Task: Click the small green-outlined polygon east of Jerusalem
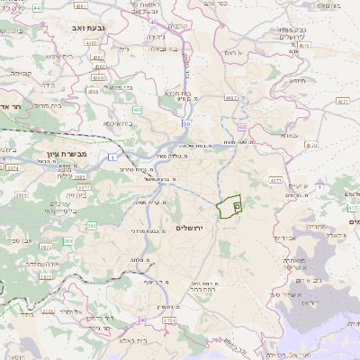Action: (230, 207)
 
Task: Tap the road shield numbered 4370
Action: (311, 143)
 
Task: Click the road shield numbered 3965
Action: (20, 193)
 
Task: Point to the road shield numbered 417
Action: (352, 209)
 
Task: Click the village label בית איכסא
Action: (118, 123)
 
